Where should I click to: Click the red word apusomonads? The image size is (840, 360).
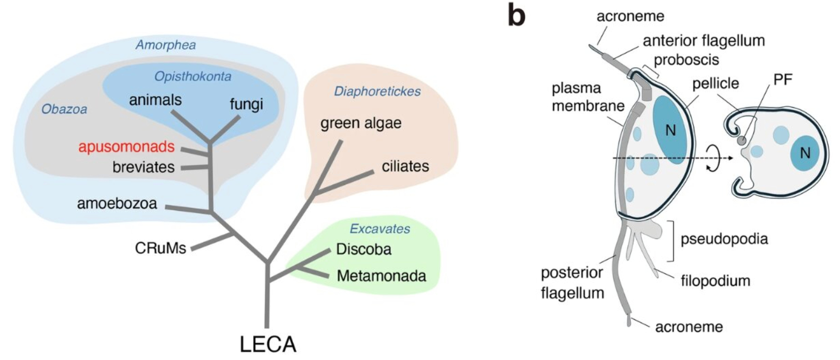[126, 147]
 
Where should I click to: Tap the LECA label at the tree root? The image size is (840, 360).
[268, 344]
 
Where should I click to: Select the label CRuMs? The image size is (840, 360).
[160, 248]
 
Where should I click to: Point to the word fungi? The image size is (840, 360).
[246, 104]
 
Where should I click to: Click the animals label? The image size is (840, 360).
[155, 100]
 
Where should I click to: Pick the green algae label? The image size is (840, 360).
[361, 123]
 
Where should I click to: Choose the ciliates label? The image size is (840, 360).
[405, 166]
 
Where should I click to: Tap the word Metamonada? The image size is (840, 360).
[381, 276]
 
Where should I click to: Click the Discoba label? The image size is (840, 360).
[363, 249]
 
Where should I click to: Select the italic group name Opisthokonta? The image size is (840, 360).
[193, 76]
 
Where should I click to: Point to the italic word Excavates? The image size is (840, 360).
[380, 229]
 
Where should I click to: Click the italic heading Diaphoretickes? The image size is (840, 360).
[377, 91]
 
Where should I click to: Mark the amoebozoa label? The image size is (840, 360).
[117, 203]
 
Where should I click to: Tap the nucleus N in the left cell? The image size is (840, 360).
[670, 130]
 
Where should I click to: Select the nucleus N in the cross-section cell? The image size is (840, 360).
[805, 153]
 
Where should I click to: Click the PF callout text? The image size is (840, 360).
[783, 80]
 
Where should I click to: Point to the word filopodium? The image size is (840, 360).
[716, 281]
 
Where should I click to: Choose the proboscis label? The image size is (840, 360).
[686, 60]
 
